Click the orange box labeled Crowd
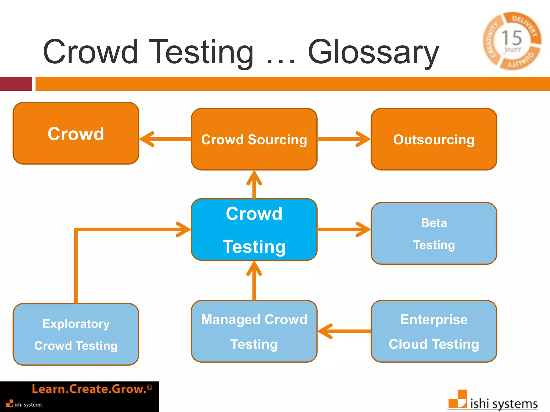coord(76,133)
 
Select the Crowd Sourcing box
coord(254,139)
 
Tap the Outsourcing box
coord(434,139)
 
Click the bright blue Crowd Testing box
coord(254,230)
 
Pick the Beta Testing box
coord(434,233)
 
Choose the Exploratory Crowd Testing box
coord(76,334)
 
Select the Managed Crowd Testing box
coord(254,331)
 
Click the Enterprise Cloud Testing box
coord(434,331)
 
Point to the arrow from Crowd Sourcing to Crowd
coord(165,139)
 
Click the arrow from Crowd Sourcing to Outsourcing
coord(344,139)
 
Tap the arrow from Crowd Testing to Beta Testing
coord(344,229)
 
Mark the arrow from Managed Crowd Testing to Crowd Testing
coord(254,280)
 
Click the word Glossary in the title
coord(373,52)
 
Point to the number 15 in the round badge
coord(512,38)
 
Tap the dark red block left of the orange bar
coord(16,84)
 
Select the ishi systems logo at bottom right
coord(493,401)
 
